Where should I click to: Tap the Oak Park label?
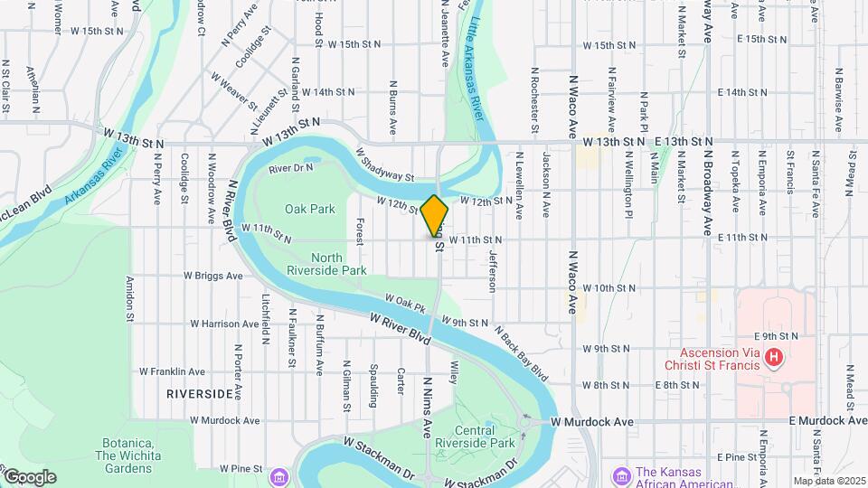310,209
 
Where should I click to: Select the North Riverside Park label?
326,262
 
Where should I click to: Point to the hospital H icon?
773,359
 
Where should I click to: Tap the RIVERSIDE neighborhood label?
200,395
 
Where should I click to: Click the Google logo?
29,477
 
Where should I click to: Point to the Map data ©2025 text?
828,480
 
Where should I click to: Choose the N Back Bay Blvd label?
522,352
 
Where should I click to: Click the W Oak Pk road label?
405,303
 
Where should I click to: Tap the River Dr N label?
290,167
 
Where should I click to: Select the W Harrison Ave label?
225,324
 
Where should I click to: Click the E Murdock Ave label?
827,420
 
